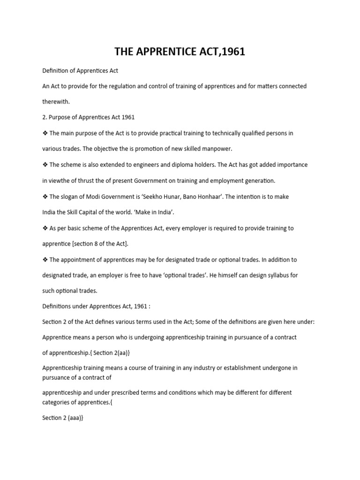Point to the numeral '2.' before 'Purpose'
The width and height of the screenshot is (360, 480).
(x=45, y=117)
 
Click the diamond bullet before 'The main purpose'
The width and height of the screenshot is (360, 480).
(x=45, y=133)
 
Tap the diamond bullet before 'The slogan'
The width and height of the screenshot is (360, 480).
(x=45, y=196)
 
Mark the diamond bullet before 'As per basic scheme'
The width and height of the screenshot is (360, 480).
(x=45, y=228)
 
